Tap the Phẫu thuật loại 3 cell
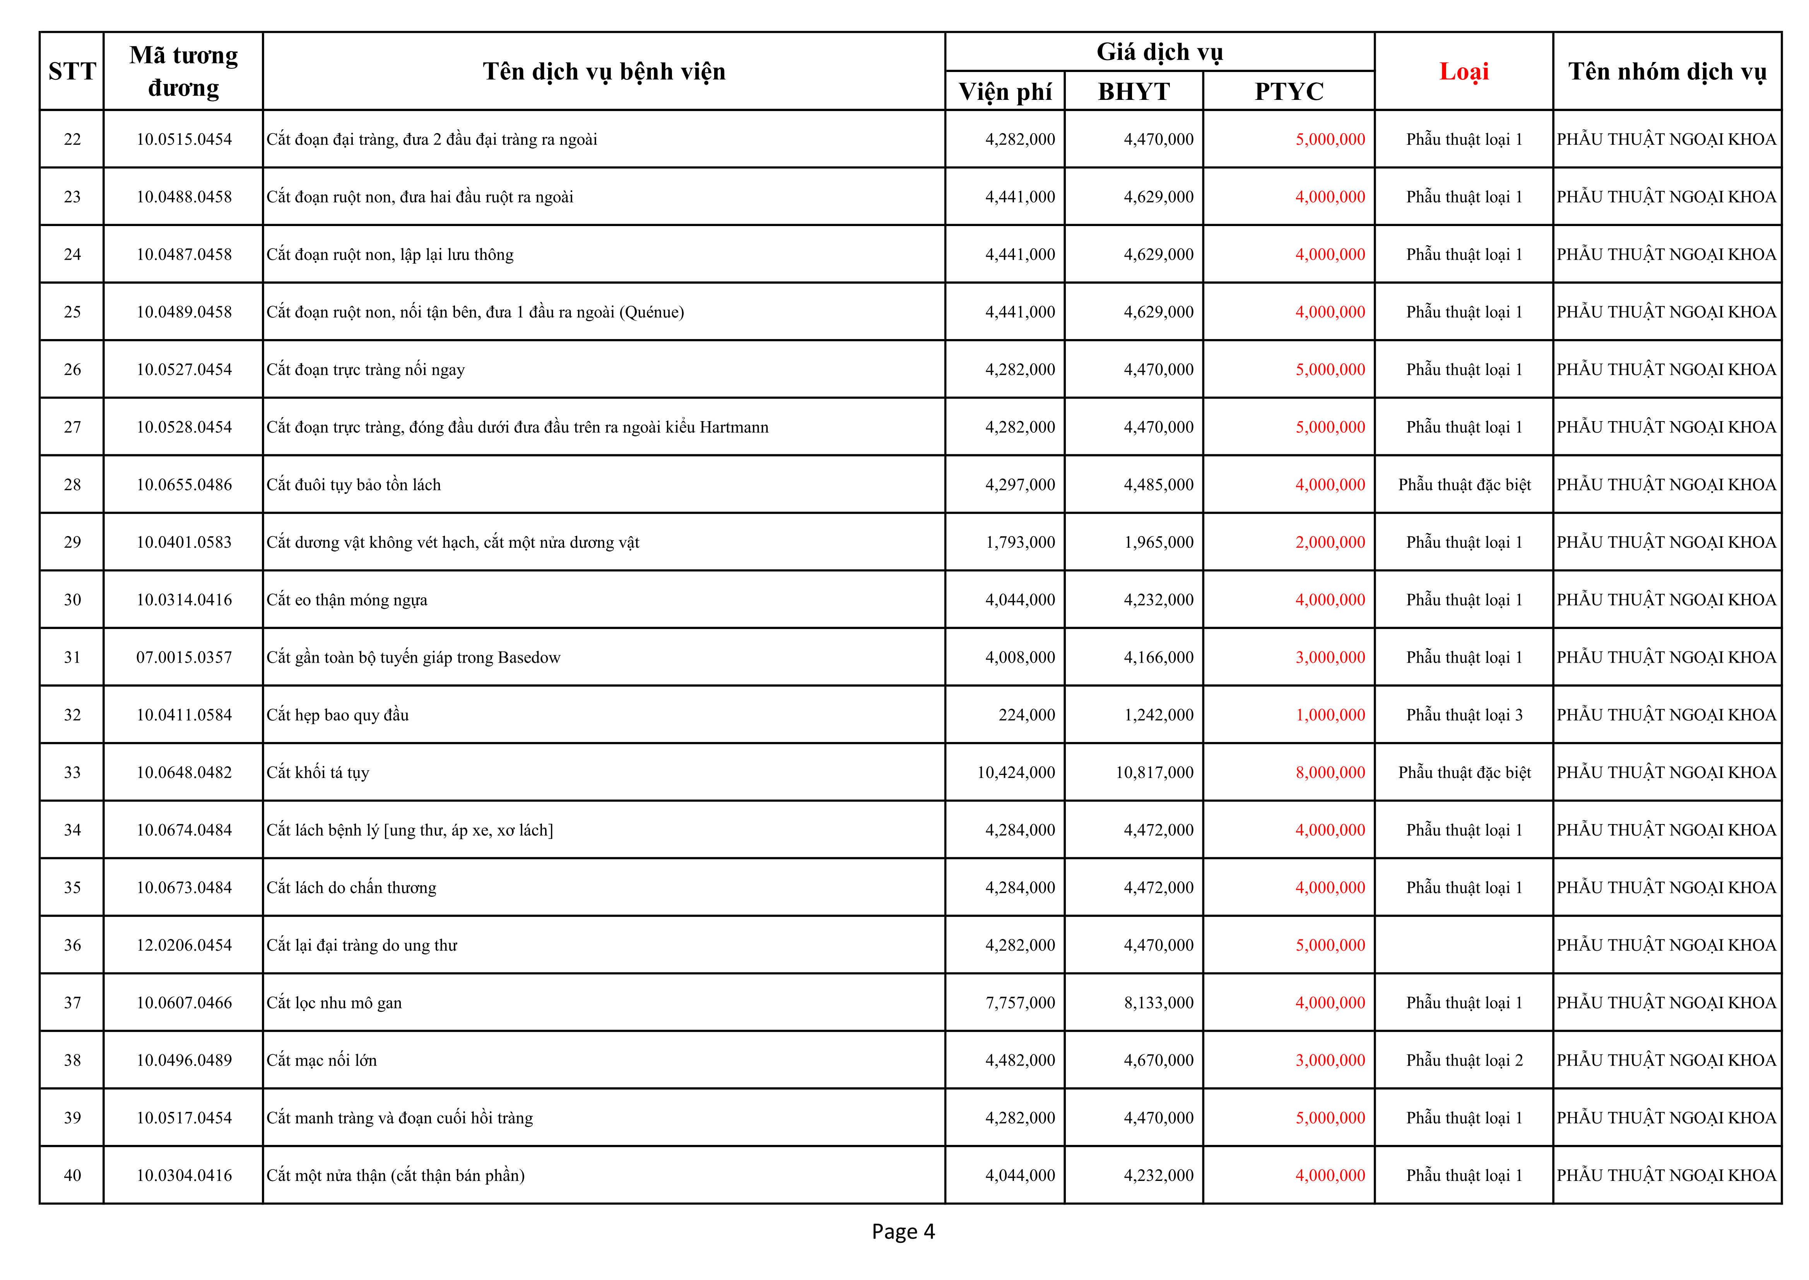(x=1464, y=715)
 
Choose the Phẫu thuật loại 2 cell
(x=1464, y=1060)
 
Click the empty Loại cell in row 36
(x=1464, y=945)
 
